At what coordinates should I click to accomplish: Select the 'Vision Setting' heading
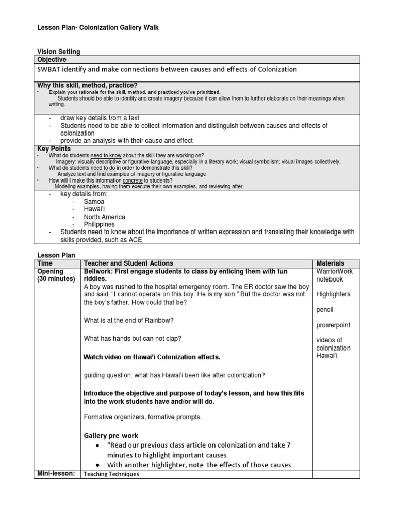click(x=59, y=52)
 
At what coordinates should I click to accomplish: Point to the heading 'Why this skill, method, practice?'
click(x=88, y=85)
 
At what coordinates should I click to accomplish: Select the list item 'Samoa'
click(x=94, y=202)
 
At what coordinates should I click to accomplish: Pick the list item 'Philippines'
click(x=99, y=225)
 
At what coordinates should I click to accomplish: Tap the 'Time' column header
click(x=45, y=263)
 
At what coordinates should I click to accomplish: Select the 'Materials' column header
click(x=330, y=263)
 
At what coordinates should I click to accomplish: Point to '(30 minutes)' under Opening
click(x=56, y=279)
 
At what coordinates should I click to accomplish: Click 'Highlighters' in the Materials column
click(x=333, y=294)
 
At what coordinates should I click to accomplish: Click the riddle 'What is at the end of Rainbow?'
click(x=128, y=320)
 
